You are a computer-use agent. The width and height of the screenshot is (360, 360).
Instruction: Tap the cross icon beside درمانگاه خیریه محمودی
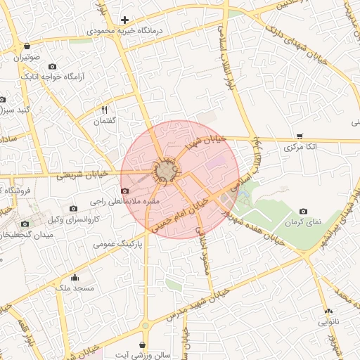pos(124,20)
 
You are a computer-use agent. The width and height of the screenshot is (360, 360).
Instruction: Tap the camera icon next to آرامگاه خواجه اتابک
pos(52,67)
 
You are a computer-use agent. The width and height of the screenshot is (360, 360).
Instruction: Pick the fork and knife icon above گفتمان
pos(105,110)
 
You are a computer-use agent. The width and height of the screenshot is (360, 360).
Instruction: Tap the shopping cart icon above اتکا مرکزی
pos(300,136)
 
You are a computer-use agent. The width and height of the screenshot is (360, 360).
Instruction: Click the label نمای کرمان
pos(302,221)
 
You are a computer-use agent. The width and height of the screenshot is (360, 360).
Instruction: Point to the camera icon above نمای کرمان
pos(303,211)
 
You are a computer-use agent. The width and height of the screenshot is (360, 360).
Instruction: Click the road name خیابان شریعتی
pos(82,174)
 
